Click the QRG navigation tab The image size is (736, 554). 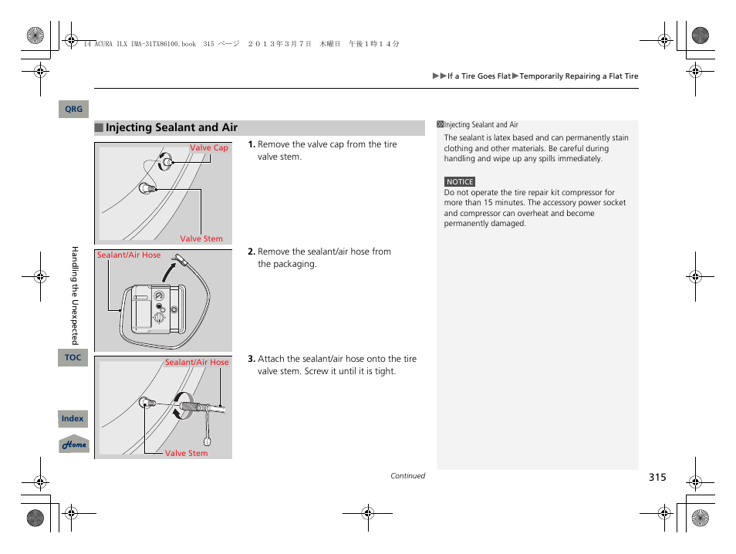click(x=73, y=110)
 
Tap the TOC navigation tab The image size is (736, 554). click(x=73, y=357)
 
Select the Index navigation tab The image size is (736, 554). click(x=73, y=419)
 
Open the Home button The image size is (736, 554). click(x=74, y=444)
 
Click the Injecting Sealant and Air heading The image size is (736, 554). click(x=171, y=128)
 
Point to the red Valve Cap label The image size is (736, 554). click(x=209, y=148)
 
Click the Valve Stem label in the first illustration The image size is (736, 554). click(x=201, y=239)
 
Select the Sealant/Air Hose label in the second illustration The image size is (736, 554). click(x=129, y=255)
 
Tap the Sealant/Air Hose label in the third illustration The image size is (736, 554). click(x=197, y=363)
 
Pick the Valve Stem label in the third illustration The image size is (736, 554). click(x=187, y=454)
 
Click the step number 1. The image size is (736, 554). click(x=252, y=145)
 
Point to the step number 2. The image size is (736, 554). click(x=252, y=252)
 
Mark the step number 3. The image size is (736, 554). click(x=252, y=360)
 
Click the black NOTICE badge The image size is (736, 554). click(x=460, y=182)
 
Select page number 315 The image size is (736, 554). click(x=657, y=478)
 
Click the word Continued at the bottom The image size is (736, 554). click(x=407, y=476)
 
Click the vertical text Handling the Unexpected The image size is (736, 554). click(x=75, y=295)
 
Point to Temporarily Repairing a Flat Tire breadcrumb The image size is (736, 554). click(x=579, y=76)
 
